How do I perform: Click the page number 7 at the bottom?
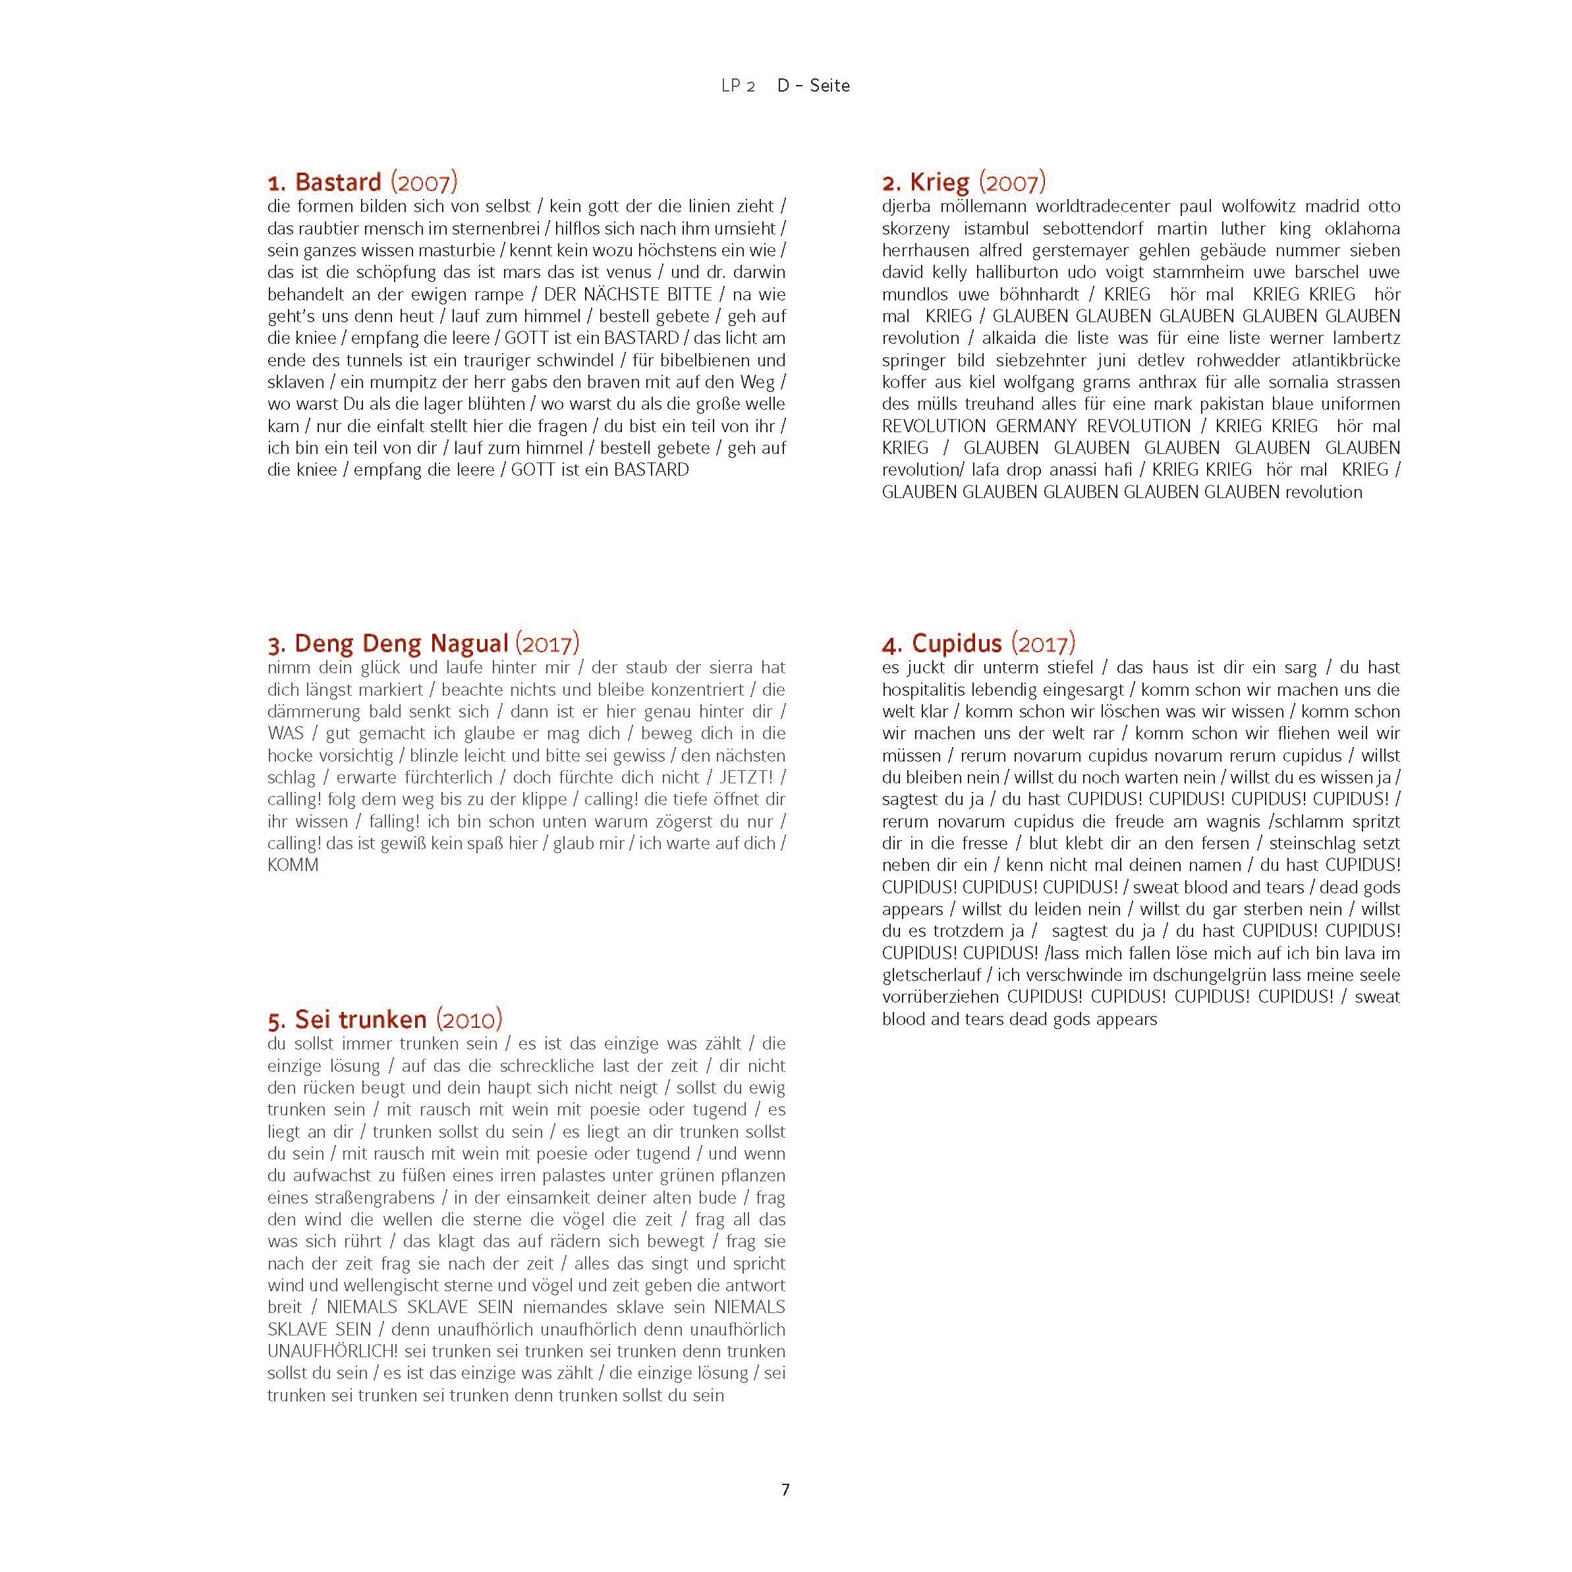click(x=785, y=1489)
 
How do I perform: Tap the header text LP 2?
click(x=738, y=86)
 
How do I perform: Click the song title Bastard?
click(x=338, y=181)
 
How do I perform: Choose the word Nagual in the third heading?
click(x=468, y=643)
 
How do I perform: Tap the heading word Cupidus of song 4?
click(x=957, y=643)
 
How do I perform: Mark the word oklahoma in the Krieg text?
click(x=1362, y=229)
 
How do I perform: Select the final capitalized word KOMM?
click(x=293, y=865)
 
